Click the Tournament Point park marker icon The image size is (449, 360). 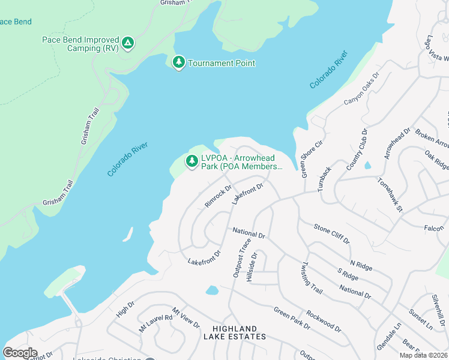pos(178,62)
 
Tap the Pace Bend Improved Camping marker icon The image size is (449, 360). pos(127,43)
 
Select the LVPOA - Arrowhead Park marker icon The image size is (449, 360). pos(191,161)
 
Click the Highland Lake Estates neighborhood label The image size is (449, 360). pos(238,332)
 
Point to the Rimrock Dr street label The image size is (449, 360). pos(218,196)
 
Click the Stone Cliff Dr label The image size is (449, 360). pos(331,233)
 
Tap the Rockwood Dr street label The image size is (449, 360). pos(323,320)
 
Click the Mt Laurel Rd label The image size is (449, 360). pos(155,322)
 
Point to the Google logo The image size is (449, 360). pos(20,353)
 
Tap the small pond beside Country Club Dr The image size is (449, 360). pos(367,165)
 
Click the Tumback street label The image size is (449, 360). pos(325,178)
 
